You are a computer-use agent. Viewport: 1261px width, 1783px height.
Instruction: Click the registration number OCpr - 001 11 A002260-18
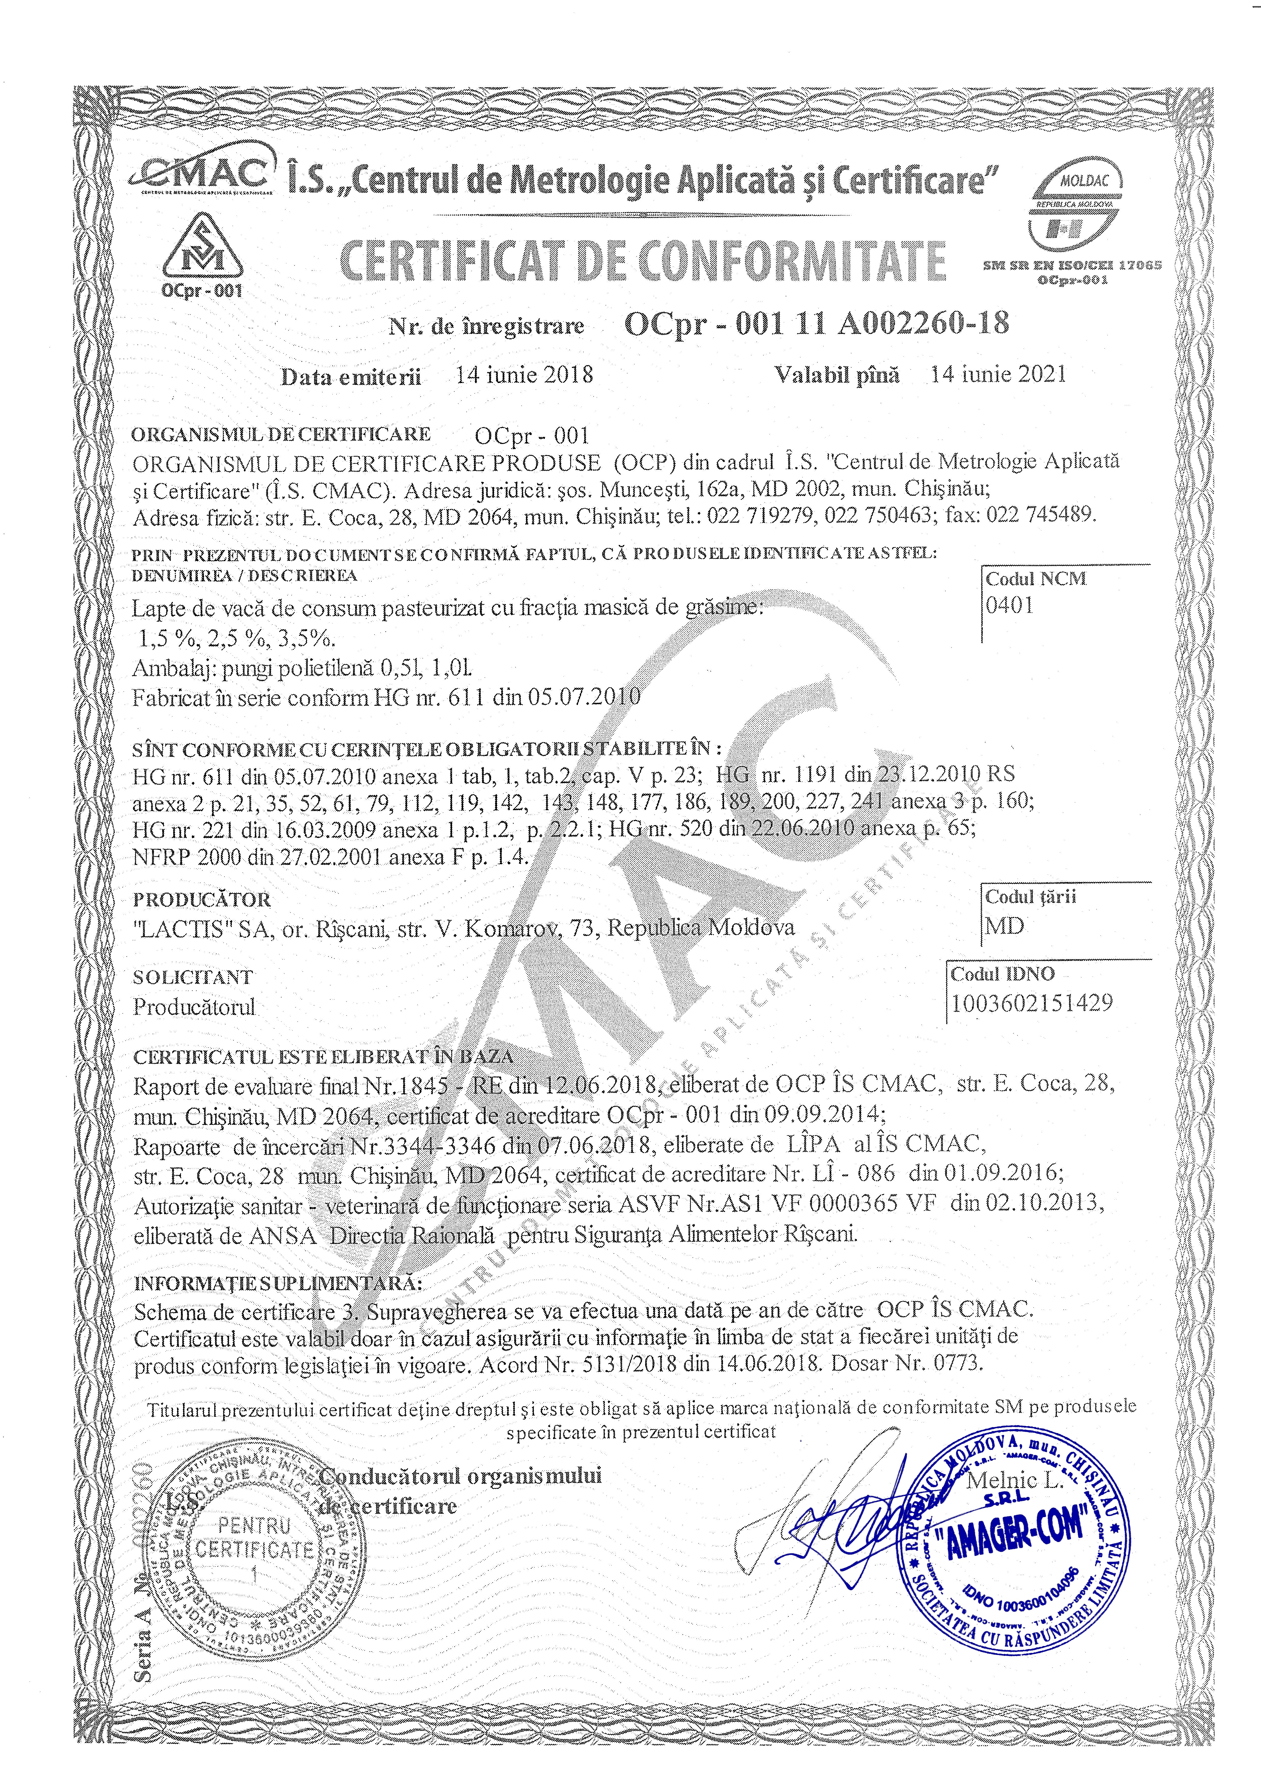click(x=816, y=323)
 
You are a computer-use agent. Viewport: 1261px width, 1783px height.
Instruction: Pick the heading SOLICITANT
click(x=193, y=977)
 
